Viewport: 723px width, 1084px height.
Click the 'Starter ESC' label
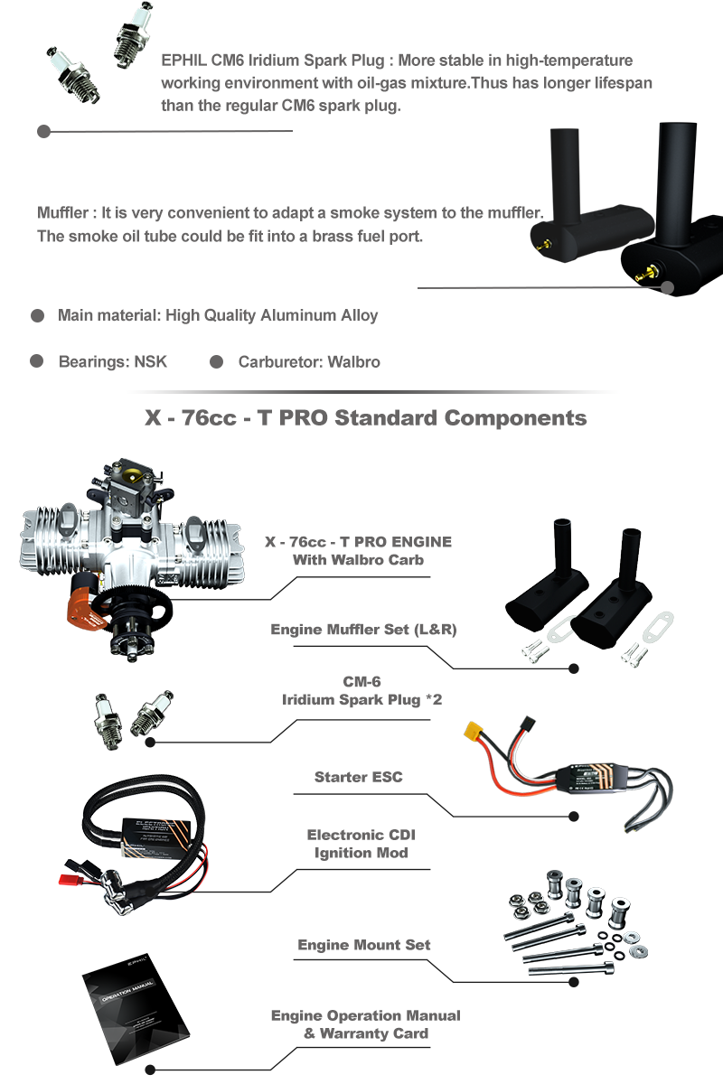point(359,777)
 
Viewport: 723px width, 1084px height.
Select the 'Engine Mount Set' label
point(363,945)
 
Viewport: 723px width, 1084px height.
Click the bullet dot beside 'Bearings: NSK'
point(37,361)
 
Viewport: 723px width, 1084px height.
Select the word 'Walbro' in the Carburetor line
point(353,362)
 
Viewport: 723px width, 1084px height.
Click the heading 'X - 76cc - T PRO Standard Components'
point(366,418)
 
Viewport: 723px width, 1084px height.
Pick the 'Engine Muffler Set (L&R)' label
point(363,629)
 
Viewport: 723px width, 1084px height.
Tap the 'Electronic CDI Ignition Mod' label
point(361,844)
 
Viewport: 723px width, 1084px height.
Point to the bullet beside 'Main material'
point(37,315)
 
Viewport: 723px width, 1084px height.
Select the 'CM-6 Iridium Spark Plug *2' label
point(361,690)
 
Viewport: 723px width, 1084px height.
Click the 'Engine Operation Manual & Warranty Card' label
point(366,1024)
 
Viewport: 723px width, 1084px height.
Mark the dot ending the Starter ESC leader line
point(574,817)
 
